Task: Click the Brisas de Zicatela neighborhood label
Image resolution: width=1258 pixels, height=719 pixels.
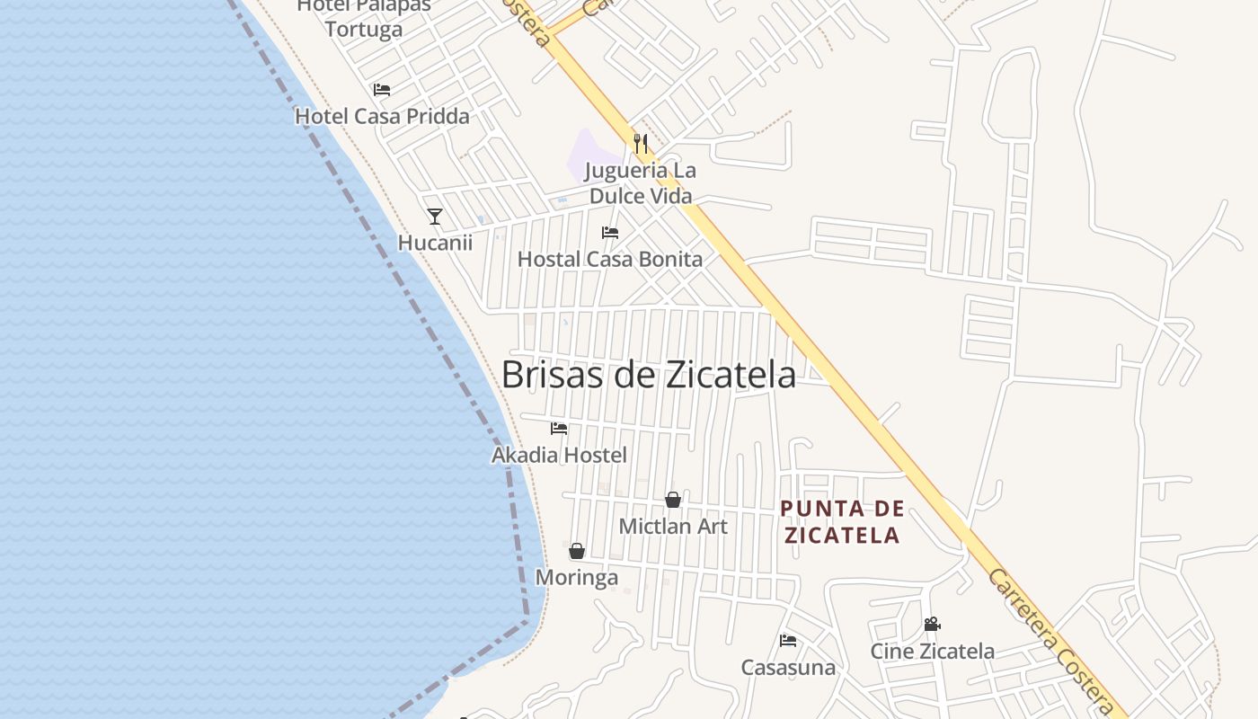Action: click(x=648, y=375)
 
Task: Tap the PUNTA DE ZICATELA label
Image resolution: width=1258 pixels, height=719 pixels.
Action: click(x=842, y=522)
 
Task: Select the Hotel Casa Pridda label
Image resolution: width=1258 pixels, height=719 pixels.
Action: click(x=382, y=117)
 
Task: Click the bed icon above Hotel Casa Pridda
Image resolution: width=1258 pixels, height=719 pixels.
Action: click(x=382, y=90)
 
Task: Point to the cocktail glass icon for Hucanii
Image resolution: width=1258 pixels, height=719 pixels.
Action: click(x=435, y=216)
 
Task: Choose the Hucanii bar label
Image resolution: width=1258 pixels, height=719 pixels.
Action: click(x=435, y=243)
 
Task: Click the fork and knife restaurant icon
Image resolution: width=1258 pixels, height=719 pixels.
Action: click(x=640, y=143)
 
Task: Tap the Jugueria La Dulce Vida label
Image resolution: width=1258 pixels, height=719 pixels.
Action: click(x=640, y=183)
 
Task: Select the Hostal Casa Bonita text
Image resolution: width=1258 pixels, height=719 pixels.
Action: click(x=610, y=260)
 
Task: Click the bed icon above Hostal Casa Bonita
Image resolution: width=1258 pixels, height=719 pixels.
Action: click(x=610, y=233)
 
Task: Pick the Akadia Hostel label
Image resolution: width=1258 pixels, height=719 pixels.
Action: click(x=559, y=456)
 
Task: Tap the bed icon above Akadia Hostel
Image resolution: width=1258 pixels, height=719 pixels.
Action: click(x=559, y=429)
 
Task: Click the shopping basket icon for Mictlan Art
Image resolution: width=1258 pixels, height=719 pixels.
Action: click(x=673, y=500)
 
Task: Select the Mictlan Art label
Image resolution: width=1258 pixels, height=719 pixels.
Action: click(x=673, y=527)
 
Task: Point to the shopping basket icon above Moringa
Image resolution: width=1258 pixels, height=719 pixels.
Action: click(x=577, y=551)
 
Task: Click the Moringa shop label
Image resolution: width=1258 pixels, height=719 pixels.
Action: click(x=577, y=578)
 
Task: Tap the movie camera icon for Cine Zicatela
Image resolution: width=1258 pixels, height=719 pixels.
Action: click(x=932, y=624)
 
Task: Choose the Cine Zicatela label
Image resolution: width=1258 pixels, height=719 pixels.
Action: click(x=932, y=652)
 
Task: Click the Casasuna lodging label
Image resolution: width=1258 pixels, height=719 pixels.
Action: click(x=788, y=668)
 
